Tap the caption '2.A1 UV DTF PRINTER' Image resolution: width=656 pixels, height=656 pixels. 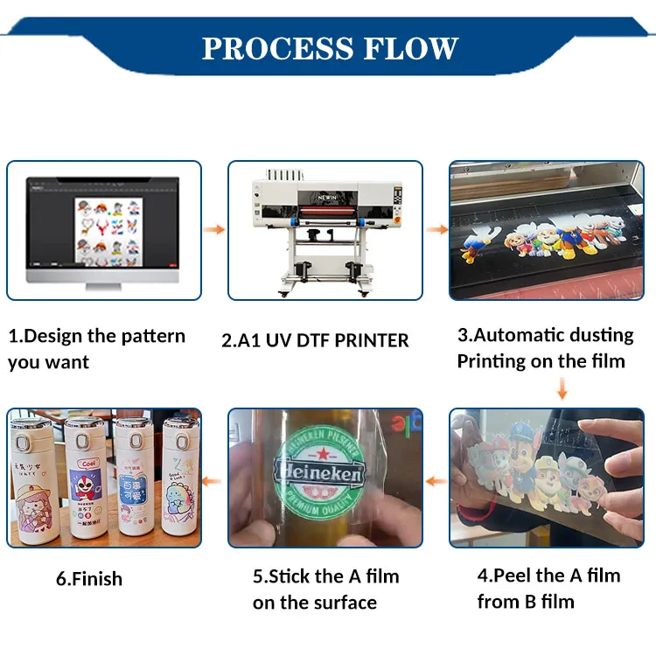click(315, 340)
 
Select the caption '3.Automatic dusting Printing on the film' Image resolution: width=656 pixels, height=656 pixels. click(545, 347)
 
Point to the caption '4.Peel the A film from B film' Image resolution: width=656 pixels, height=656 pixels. click(548, 588)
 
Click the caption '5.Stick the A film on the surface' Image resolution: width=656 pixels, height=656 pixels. click(325, 589)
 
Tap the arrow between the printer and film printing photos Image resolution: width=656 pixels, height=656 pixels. click(436, 230)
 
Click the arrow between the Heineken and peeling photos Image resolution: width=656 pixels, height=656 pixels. click(436, 479)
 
